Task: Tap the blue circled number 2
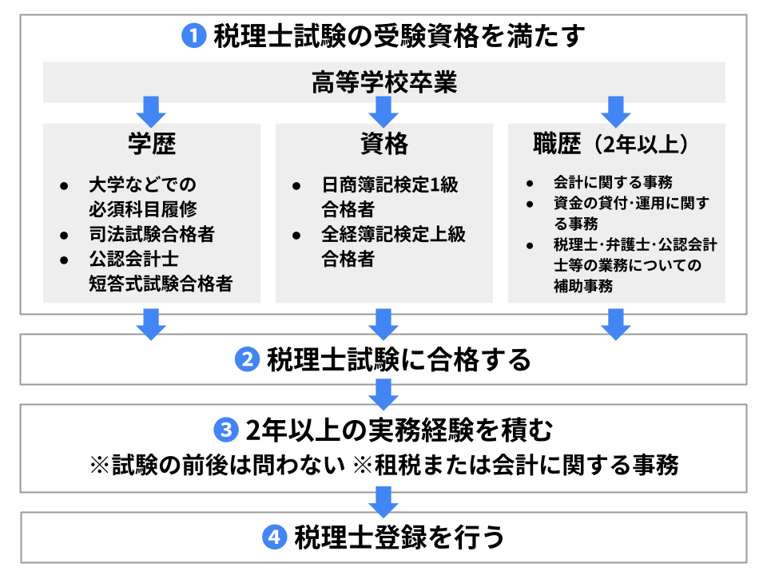point(247,360)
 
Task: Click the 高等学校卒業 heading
point(383,82)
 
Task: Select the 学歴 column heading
point(152,144)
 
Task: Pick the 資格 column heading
point(383,144)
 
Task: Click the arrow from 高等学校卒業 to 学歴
point(152,110)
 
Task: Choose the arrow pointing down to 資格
point(384,110)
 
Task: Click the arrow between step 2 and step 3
point(384,393)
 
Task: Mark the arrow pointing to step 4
point(384,501)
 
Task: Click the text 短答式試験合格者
point(161,283)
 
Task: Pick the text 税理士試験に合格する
point(399,360)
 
